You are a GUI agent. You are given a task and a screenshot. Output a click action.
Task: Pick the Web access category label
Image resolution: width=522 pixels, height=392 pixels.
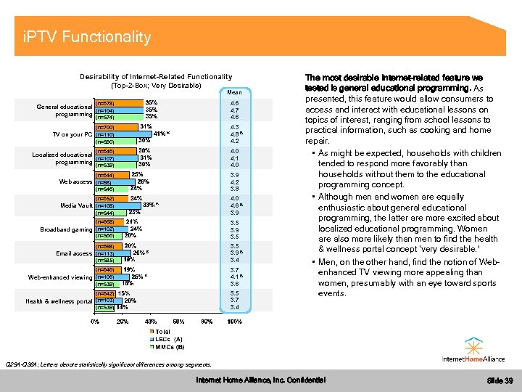click(75, 181)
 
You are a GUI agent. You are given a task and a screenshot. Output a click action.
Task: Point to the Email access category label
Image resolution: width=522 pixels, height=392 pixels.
click(74, 253)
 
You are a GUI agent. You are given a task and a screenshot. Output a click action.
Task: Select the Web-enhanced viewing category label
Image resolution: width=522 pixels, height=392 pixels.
click(60, 277)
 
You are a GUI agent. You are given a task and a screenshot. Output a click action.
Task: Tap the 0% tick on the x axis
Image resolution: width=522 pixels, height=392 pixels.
click(94, 321)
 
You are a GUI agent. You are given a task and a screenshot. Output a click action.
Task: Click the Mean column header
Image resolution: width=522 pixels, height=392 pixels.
click(235, 92)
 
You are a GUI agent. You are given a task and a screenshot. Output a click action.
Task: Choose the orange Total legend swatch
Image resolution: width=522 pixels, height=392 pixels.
click(150, 332)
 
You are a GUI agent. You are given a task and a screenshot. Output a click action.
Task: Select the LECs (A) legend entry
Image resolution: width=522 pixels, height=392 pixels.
click(169, 339)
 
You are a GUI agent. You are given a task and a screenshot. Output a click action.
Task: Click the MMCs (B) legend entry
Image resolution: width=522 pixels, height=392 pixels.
click(170, 346)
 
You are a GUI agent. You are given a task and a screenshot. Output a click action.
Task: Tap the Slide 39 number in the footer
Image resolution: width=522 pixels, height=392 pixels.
click(500, 380)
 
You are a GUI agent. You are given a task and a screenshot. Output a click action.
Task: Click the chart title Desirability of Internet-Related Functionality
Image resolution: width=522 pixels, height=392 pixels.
click(156, 77)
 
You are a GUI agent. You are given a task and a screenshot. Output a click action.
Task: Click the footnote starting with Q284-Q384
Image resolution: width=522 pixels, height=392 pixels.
click(109, 364)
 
